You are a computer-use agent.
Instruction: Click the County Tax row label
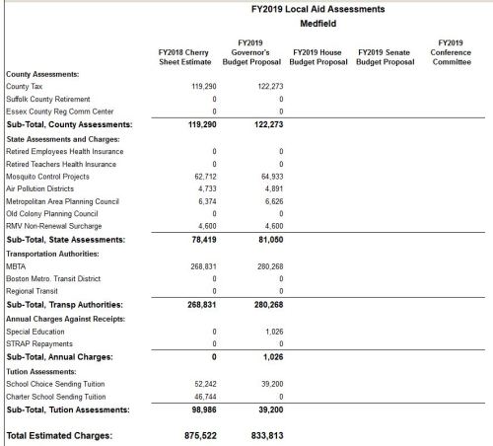24,87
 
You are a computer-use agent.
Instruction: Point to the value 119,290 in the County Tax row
202,87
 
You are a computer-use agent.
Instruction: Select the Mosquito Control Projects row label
48,176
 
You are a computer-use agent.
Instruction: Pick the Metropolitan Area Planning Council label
62,200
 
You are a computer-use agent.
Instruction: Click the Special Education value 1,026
274,331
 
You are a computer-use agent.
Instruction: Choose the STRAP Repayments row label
37,343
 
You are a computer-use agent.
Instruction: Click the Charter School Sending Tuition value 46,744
204,395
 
